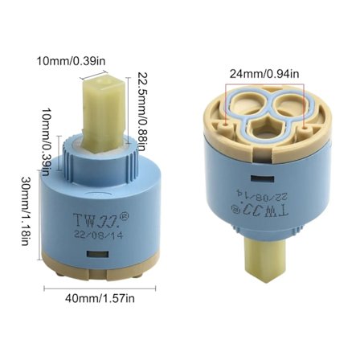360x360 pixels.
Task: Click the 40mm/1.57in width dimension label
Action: [100, 299]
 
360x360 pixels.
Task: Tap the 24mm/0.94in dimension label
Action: [264, 74]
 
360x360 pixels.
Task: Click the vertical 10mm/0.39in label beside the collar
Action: [45, 142]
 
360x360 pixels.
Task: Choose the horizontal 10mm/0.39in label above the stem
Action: [71, 61]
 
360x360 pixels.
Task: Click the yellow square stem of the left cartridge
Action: [104, 112]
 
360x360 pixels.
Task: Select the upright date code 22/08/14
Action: [98, 235]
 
